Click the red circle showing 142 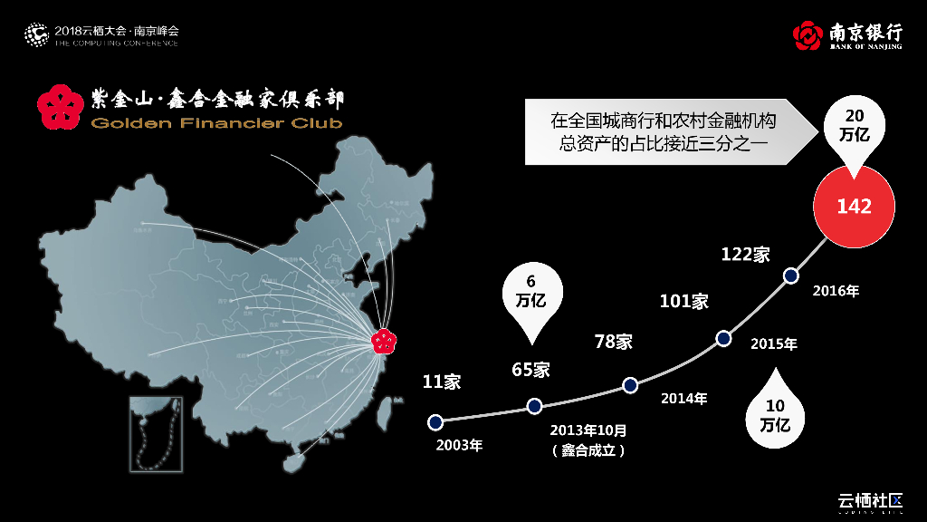(854, 207)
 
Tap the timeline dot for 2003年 (435, 421)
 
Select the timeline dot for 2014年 (630, 385)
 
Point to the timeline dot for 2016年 (790, 275)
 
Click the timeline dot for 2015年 (723, 339)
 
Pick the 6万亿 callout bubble (531, 294)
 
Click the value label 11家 (442, 382)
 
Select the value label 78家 (613, 342)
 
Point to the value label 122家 (745, 255)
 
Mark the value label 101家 (683, 302)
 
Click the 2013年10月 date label (588, 430)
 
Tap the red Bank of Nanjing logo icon (808, 35)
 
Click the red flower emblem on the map (385, 342)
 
